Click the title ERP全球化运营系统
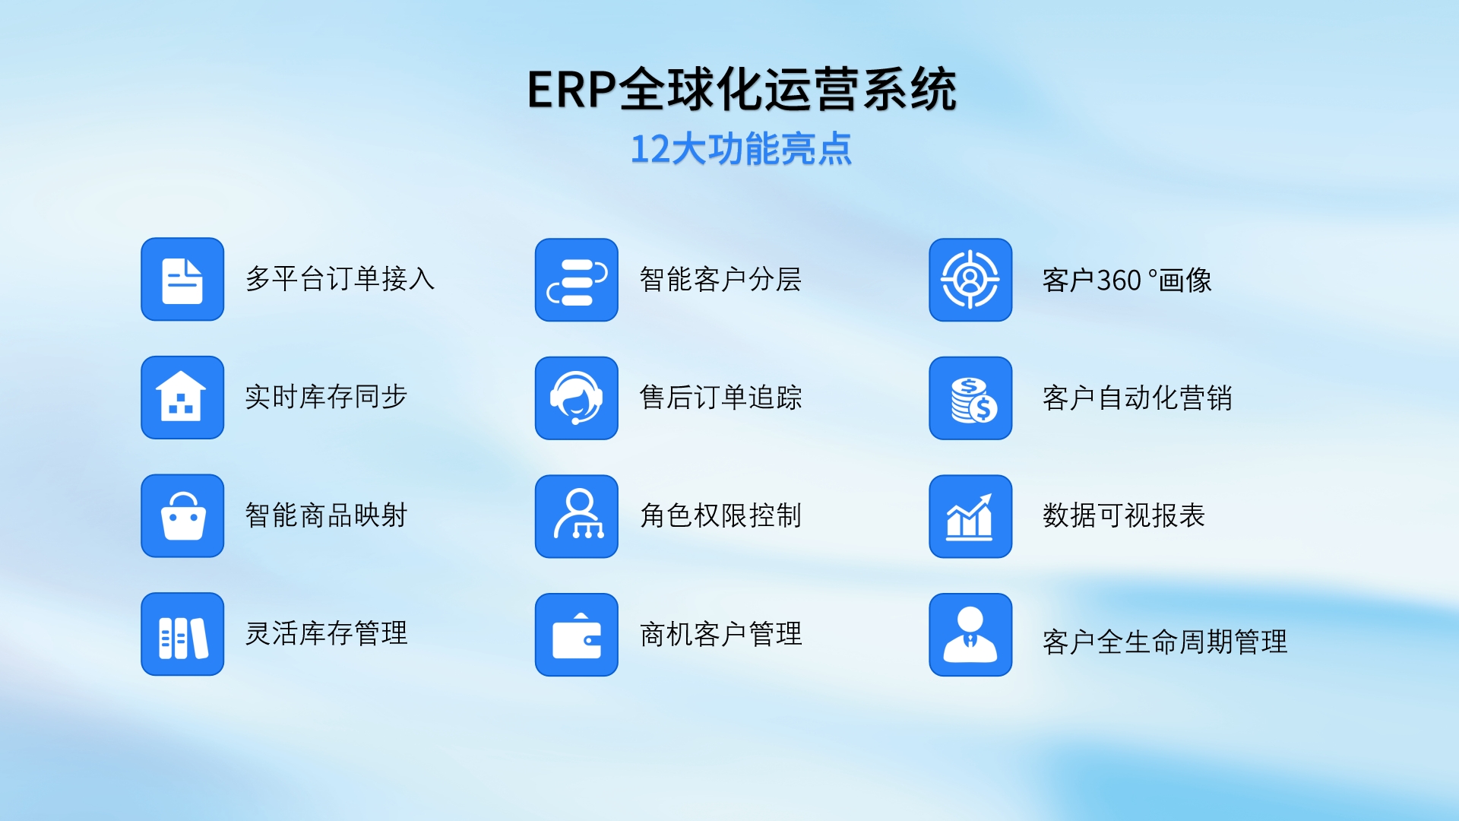(742, 90)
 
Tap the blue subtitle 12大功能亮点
(741, 149)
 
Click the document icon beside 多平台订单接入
(182, 279)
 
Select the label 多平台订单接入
(340, 279)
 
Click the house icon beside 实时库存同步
(182, 398)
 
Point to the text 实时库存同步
(326, 397)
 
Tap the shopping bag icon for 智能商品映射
(182, 516)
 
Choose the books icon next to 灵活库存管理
(182, 635)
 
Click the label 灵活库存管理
(326, 633)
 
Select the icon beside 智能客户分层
(577, 280)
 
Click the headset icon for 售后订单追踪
(577, 398)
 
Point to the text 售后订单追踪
(720, 398)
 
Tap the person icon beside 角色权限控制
(577, 517)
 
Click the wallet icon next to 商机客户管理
(577, 635)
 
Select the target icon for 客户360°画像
(970, 280)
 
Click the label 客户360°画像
(1127, 281)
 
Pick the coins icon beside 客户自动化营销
(970, 398)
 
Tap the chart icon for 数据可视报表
(970, 517)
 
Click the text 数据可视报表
(1124, 515)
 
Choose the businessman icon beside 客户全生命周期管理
(970, 635)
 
